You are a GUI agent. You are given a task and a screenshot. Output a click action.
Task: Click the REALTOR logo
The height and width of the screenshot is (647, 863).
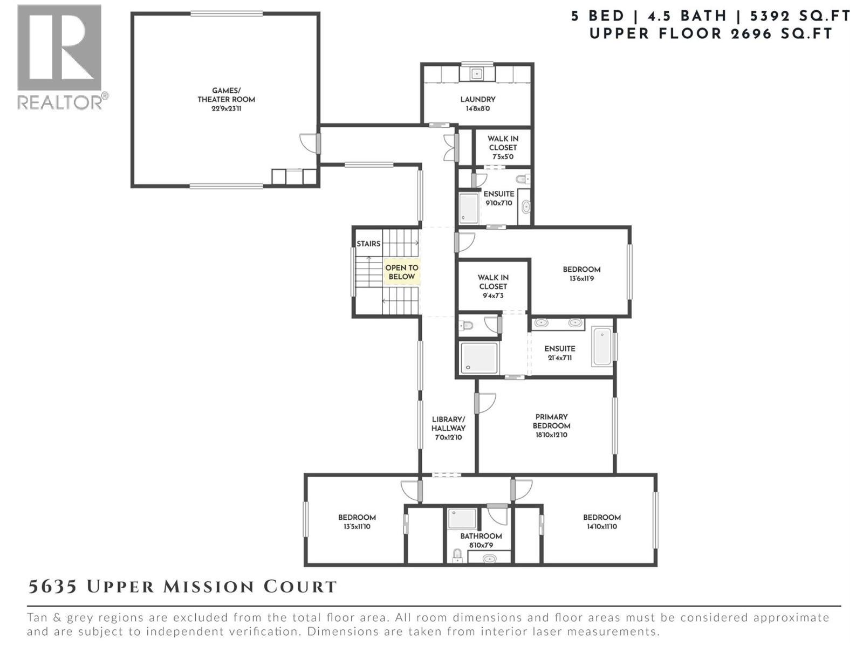tap(59, 56)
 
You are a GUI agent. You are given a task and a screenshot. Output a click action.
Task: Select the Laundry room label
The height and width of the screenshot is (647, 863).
tap(477, 104)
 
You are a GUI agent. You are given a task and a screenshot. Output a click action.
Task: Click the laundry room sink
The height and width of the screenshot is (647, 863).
tap(476, 73)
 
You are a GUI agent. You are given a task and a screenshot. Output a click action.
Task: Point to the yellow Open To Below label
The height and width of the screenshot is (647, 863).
tap(401, 272)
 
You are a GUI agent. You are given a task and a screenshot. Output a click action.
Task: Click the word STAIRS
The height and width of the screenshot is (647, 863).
tap(368, 244)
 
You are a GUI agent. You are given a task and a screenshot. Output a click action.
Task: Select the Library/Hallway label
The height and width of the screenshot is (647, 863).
tap(448, 428)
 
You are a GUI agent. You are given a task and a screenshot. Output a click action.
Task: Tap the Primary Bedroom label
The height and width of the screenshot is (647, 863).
tap(551, 425)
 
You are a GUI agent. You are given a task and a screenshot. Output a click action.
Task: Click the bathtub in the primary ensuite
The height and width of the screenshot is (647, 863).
tap(602, 346)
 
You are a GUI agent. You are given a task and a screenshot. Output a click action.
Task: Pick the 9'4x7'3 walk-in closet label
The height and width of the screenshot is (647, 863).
tap(492, 286)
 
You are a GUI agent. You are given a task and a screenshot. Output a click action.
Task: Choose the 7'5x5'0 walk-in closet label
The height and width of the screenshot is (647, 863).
tap(503, 147)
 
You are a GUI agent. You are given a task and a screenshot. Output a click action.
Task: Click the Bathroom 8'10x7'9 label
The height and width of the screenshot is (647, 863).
tap(481, 540)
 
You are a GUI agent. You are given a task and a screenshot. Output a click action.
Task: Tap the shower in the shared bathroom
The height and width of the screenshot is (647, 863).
tap(462, 518)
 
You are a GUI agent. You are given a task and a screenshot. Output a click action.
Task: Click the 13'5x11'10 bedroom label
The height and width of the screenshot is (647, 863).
tap(357, 521)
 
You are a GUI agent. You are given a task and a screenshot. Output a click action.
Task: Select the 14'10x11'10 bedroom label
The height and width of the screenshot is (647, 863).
tap(601, 521)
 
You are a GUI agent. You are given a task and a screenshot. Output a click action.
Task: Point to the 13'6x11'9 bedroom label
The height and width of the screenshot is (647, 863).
tap(581, 274)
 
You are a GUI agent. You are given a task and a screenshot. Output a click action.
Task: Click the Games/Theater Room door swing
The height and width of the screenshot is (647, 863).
tap(308, 143)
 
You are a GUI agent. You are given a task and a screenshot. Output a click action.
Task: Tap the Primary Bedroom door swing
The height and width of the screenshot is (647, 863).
tap(485, 403)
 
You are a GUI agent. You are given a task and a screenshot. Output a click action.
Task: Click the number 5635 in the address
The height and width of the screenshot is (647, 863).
tap(52, 587)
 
